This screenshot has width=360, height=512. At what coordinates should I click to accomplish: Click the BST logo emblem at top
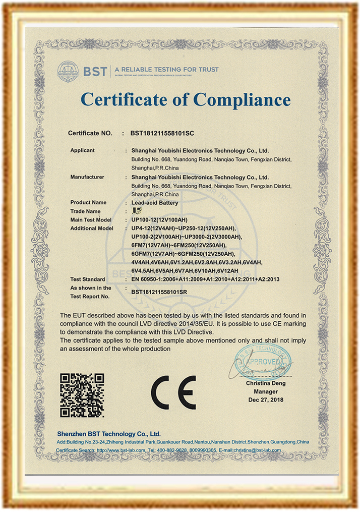click(x=68, y=71)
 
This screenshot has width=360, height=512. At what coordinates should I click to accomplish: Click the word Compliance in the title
click(x=242, y=99)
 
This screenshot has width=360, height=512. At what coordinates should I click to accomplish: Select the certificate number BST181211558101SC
click(x=162, y=134)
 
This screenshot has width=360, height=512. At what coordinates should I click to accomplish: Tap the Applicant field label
click(x=82, y=150)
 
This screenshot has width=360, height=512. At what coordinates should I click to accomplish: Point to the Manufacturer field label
click(x=87, y=177)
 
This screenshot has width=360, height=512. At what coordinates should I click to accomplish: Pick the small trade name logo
click(x=135, y=211)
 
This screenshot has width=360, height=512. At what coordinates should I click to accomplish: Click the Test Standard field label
click(x=88, y=279)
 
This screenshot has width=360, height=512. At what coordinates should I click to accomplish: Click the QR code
click(x=82, y=394)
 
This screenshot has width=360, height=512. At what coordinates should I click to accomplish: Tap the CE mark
click(x=173, y=392)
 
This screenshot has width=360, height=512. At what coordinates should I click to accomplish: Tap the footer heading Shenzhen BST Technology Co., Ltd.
click(x=109, y=434)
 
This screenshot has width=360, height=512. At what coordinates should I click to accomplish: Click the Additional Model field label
click(x=92, y=229)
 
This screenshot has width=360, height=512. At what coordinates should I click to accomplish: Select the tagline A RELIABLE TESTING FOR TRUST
click(x=166, y=69)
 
